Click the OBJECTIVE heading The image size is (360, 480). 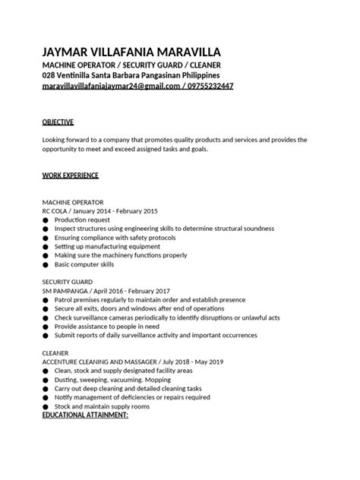coord(58,122)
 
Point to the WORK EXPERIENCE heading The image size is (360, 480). coord(70,175)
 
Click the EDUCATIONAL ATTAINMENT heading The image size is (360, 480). coord(85,416)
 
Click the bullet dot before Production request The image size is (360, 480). coord(46,220)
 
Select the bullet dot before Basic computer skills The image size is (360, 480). coord(46,265)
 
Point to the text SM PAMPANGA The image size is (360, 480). coord(68,291)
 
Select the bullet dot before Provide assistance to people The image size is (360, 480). coord(46,327)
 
